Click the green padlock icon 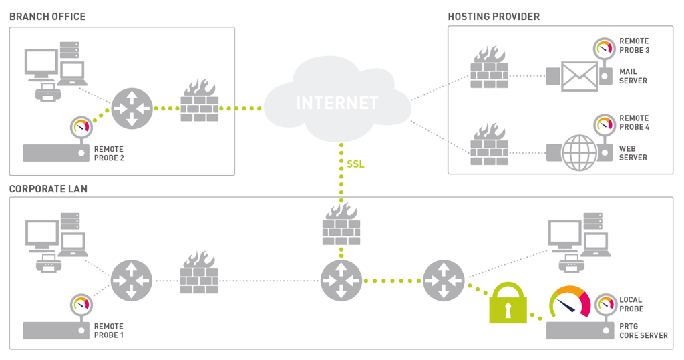point(508,303)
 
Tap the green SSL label point(355,164)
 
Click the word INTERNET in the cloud point(337,103)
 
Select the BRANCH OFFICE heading point(47,17)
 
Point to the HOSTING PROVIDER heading point(494,17)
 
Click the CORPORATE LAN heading point(48,189)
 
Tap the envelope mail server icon point(579,76)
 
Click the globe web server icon point(579,153)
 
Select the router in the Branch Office point(132,108)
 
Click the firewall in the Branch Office point(200,100)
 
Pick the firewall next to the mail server point(490,67)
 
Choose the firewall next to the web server point(490,144)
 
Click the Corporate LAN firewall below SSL point(341,224)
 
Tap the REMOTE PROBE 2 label point(109,154)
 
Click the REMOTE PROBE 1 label point(109,331)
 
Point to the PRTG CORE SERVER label point(643,331)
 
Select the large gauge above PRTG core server point(570,302)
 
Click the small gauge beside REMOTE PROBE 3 point(604,48)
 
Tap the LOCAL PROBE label point(631,304)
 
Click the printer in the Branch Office point(48,93)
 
